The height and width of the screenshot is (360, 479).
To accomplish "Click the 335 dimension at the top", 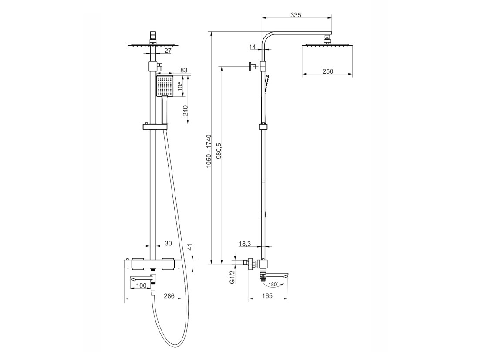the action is click(x=296, y=15).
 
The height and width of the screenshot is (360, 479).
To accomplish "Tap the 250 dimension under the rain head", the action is click(x=327, y=71).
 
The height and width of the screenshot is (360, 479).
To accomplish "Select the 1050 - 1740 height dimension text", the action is click(x=209, y=151).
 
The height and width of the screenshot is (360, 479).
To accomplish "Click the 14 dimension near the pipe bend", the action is click(x=253, y=47).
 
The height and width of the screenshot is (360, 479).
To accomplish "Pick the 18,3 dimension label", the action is click(x=245, y=244).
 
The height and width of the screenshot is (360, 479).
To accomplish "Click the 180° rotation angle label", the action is click(x=273, y=285).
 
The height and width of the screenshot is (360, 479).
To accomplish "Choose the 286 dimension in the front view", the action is click(x=169, y=296).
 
